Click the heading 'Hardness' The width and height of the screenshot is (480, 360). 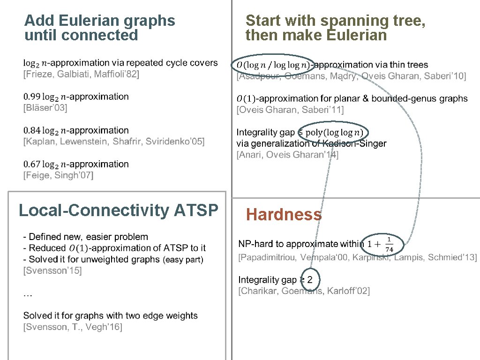284,215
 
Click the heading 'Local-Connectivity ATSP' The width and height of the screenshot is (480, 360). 118,210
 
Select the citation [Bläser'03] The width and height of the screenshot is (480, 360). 45,108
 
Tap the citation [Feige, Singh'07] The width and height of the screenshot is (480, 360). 59,175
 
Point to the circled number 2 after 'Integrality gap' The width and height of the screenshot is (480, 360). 309,279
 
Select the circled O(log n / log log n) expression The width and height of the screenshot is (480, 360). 272,65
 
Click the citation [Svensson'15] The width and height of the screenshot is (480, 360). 52,270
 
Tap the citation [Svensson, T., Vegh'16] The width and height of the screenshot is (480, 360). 73,327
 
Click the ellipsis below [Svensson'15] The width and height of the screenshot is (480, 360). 28,294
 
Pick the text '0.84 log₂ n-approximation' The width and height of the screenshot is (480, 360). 76,130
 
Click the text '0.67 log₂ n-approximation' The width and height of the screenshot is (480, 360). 76,164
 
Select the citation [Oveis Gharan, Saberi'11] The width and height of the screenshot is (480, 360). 290,110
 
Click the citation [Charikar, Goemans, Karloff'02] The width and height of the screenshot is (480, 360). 304,291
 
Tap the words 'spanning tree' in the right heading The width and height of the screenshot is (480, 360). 372,21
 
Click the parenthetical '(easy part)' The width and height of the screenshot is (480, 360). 183,260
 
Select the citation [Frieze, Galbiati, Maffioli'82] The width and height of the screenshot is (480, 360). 81,74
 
